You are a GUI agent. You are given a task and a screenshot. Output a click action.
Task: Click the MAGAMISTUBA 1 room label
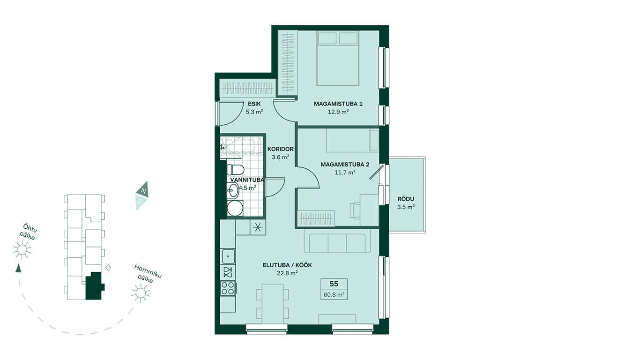pyautogui.click(x=338, y=104)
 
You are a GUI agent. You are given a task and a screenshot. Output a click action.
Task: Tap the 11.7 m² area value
pyautogui.click(x=345, y=172)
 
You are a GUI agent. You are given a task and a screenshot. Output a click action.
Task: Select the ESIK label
pyautogui.click(x=254, y=104)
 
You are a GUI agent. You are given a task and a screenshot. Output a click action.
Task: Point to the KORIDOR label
pyautogui.click(x=280, y=149)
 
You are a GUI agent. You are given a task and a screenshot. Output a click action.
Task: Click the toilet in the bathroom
pyautogui.click(x=235, y=169)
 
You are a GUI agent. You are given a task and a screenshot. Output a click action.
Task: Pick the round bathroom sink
pyautogui.click(x=233, y=190)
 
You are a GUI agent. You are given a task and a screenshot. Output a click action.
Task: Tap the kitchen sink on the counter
pyautogui.click(x=228, y=256)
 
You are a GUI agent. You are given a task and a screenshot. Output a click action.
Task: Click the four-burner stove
pyautogui.click(x=228, y=288)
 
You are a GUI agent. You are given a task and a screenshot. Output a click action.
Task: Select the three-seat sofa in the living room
pyautogui.click(x=337, y=243)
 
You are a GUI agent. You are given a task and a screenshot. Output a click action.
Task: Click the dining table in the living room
pyautogui.click(x=273, y=304)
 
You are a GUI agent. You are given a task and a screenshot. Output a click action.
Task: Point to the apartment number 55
pyautogui.click(x=334, y=284)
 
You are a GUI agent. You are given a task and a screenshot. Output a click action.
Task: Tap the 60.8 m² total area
pyautogui.click(x=334, y=294)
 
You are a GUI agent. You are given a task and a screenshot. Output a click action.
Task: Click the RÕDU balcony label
pyautogui.click(x=405, y=199)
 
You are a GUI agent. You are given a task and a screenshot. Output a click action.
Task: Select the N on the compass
pyautogui.click(x=144, y=191)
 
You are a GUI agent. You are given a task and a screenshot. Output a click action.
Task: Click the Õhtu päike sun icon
pyautogui.click(x=22, y=250)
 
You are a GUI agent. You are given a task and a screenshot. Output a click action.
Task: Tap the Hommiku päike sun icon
pyautogui.click(x=141, y=293)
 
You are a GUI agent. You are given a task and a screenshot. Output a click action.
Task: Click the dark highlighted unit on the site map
pyautogui.click(x=95, y=286)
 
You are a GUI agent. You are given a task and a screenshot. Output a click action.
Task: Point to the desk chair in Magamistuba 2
pyautogui.click(x=355, y=211)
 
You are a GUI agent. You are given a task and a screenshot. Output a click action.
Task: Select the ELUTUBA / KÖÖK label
pyautogui.click(x=287, y=265)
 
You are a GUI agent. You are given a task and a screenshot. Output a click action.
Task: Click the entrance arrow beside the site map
pyautogui.click(x=108, y=268)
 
